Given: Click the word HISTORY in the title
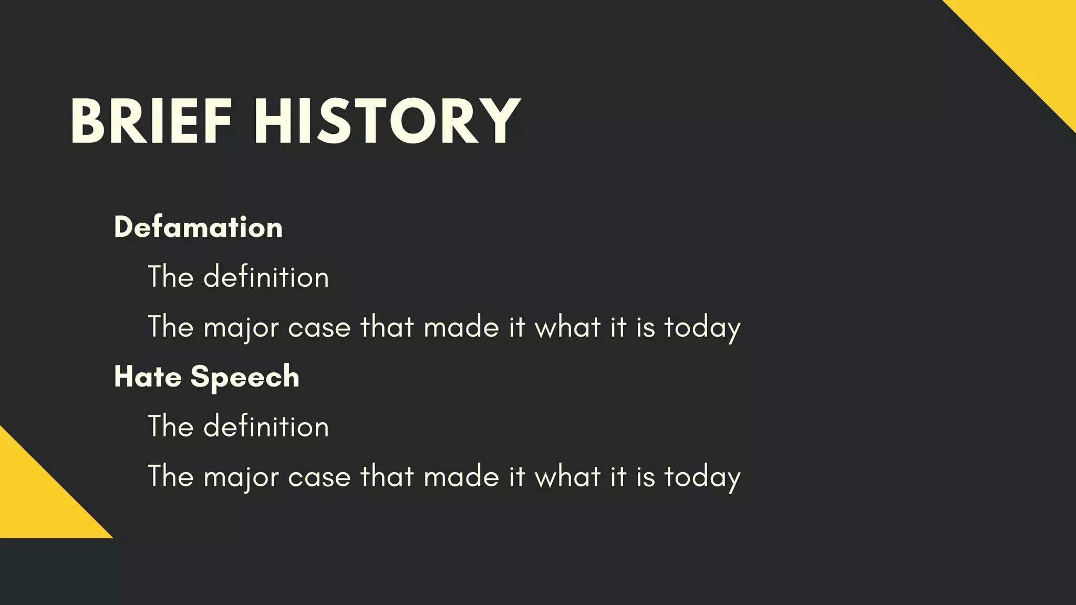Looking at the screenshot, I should [x=387, y=122].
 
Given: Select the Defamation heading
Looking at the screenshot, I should [x=198, y=227].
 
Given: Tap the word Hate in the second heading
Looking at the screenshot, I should [x=148, y=377].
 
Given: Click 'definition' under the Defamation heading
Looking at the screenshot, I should [x=266, y=277].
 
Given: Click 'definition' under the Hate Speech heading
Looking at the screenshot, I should [x=266, y=426].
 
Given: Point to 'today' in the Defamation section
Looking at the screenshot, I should [x=702, y=328].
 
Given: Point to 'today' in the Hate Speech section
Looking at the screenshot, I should [x=702, y=477].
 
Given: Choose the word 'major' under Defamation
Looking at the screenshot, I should [x=241, y=328].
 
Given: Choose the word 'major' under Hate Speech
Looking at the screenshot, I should [x=241, y=477].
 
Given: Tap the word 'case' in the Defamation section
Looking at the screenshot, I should [x=319, y=328].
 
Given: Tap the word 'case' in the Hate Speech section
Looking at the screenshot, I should [x=319, y=477].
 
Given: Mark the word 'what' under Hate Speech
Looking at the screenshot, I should [x=567, y=476].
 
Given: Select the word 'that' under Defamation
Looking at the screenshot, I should [x=387, y=327].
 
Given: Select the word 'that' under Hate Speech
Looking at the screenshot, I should [x=387, y=476].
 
